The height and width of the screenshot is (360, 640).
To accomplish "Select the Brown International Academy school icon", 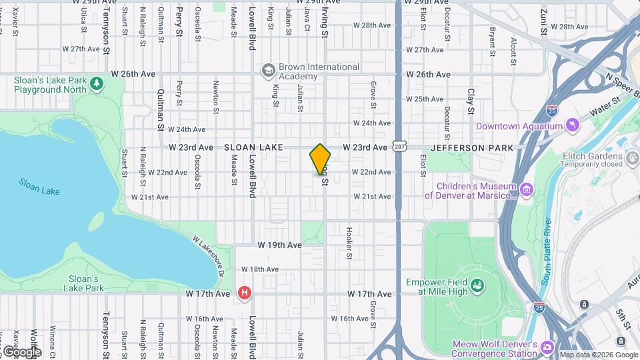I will point(268,71).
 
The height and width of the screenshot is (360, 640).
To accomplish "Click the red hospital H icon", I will point(245,293).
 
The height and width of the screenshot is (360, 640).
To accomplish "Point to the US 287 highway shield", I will point(399,146).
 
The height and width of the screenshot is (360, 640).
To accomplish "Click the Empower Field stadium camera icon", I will point(477,286).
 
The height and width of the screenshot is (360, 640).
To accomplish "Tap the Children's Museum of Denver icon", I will point(527,191).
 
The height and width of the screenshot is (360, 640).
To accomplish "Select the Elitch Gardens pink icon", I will point(633,157).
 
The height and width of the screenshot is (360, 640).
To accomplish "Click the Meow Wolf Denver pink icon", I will point(547,348).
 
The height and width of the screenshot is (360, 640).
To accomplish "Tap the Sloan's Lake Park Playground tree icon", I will point(97,83).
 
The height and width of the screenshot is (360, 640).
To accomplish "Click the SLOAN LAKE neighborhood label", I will point(253,147).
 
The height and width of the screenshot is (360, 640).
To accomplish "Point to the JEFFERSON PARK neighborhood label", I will point(472,147).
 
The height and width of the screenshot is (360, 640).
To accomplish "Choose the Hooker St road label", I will point(349,242).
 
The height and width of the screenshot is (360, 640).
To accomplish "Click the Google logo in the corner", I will point(21,351).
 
